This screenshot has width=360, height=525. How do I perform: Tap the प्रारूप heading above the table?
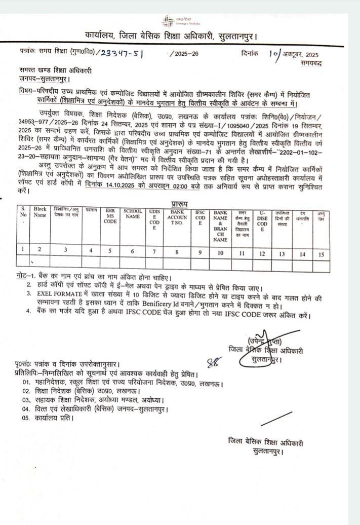pos(180,203)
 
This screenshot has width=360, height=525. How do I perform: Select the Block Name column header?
pos(40,212)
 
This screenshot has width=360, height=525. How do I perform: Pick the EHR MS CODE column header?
pos(110,215)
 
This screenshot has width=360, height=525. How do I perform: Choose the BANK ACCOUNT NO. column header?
pos(178,215)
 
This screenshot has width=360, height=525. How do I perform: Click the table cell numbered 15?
pos(321,254)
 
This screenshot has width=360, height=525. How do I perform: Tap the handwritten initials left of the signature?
pos(215,361)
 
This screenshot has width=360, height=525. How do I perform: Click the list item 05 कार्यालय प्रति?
pos(48,419)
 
